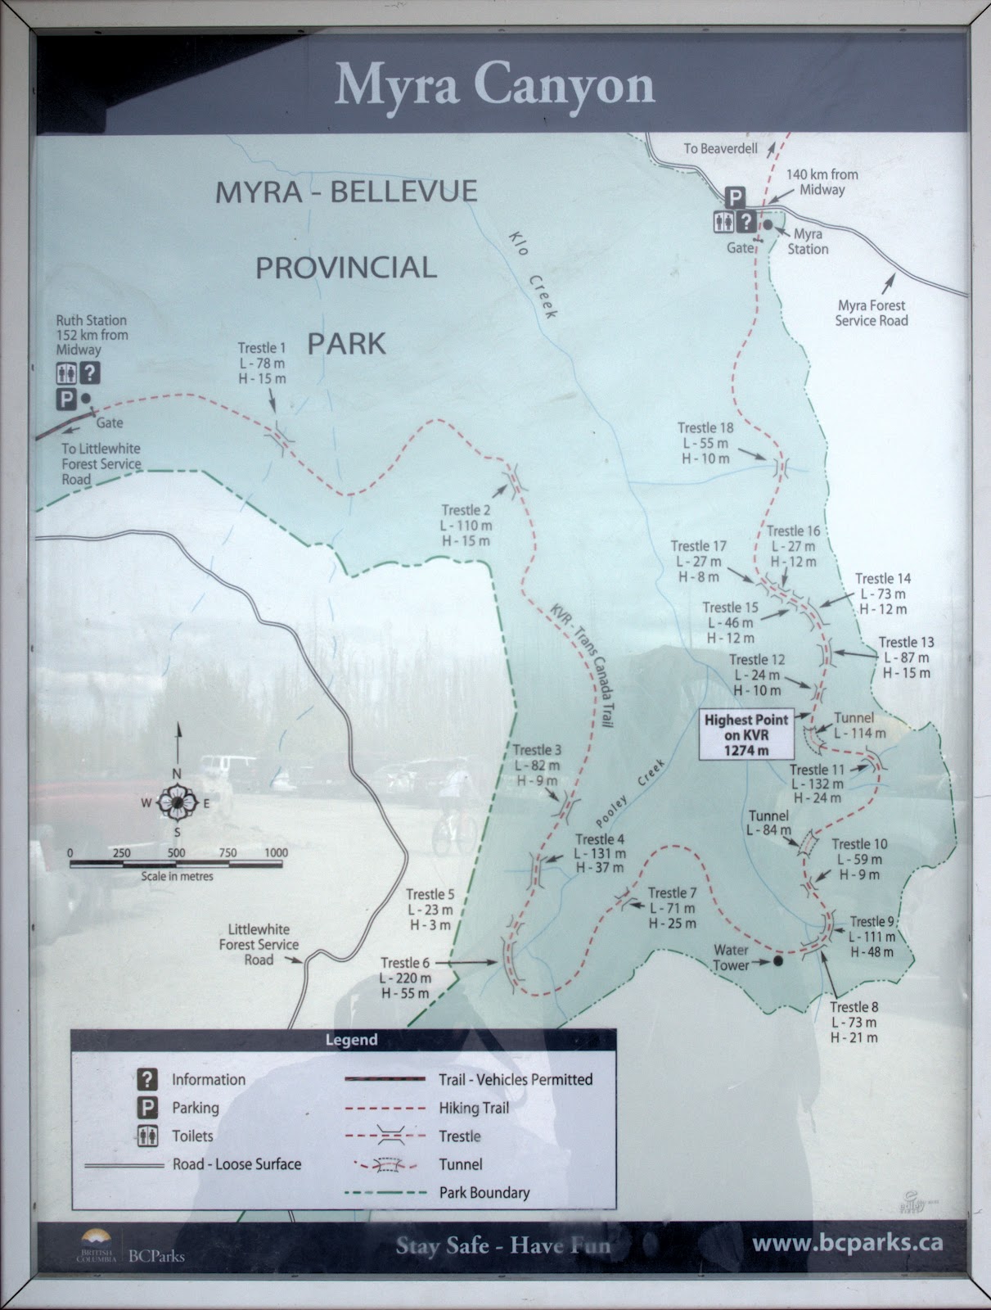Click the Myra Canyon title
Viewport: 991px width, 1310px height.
click(494, 84)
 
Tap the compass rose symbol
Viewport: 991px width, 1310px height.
click(176, 803)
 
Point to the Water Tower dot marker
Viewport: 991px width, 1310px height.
click(777, 960)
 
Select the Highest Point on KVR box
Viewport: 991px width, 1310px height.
click(746, 734)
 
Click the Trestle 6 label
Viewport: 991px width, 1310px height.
click(405, 978)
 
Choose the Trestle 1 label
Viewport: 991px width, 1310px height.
click(262, 363)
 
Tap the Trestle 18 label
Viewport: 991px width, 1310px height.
click(705, 443)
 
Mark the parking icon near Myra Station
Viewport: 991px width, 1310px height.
click(736, 197)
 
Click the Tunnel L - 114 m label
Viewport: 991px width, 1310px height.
click(858, 725)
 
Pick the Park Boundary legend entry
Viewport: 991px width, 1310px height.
click(484, 1192)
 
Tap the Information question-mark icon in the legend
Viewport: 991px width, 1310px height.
click(147, 1078)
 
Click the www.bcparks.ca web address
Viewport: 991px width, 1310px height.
click(847, 1242)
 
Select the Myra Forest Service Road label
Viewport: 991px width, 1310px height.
click(871, 313)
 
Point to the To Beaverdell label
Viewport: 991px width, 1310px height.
click(721, 148)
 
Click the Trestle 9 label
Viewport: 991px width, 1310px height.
click(872, 937)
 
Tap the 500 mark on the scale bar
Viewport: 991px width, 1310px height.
click(176, 852)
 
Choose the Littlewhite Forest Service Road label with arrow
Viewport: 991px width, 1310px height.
click(259, 944)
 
